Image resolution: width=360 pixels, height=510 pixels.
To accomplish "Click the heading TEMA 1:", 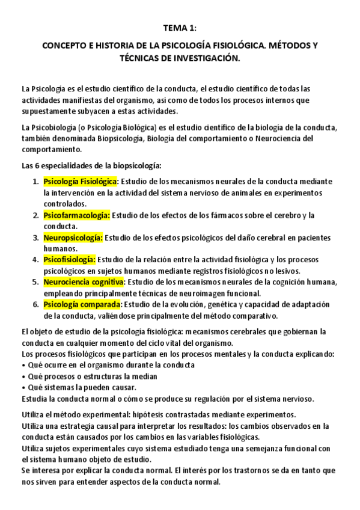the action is [x=180, y=28].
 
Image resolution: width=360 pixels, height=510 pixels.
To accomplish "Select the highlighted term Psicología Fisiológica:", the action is [x=81, y=182].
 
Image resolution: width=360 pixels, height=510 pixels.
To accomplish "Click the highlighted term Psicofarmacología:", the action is [x=76, y=215].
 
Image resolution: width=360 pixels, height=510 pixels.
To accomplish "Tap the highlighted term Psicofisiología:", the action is [x=70, y=260].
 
